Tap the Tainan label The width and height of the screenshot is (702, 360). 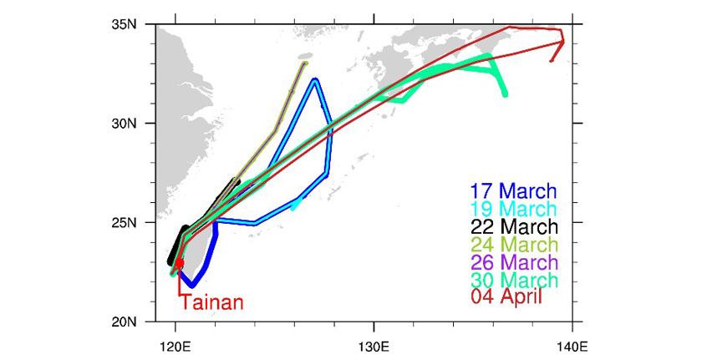pos(212,303)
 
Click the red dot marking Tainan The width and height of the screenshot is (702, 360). pos(179,263)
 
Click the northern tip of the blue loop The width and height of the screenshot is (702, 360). pos(315,80)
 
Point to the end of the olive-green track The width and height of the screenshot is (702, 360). pos(306,63)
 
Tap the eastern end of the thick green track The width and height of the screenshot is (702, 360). pos(505,94)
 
